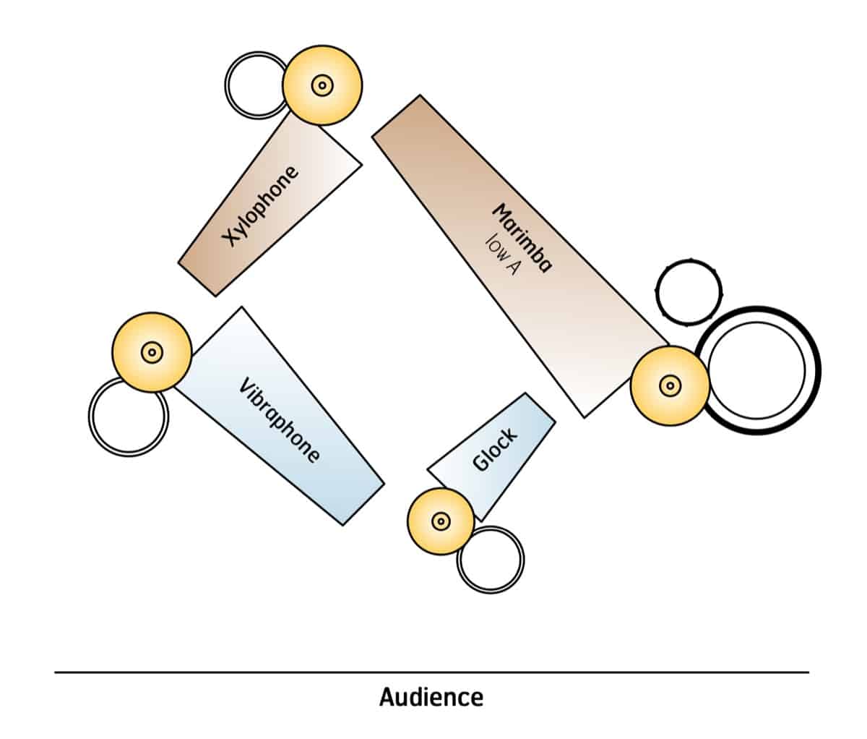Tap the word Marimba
pyautogui.click(x=522, y=237)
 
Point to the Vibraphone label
pyautogui.click(x=279, y=419)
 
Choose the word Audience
pyautogui.click(x=431, y=697)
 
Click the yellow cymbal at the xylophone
pyautogui.click(x=322, y=85)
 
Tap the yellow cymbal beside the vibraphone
pyautogui.click(x=152, y=353)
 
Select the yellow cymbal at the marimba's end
pyautogui.click(x=670, y=385)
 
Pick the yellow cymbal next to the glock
pyautogui.click(x=441, y=521)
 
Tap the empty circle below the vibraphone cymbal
pyautogui.click(x=128, y=417)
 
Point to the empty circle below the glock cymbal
pyautogui.click(x=491, y=560)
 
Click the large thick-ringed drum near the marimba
pyautogui.click(x=758, y=370)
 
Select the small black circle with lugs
pyautogui.click(x=689, y=292)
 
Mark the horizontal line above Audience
pyautogui.click(x=431, y=672)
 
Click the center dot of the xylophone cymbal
pyautogui.click(x=322, y=85)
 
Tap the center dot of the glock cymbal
pyautogui.click(x=441, y=521)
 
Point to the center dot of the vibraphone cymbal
pyautogui.click(x=152, y=353)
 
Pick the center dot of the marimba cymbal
pyautogui.click(x=670, y=385)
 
